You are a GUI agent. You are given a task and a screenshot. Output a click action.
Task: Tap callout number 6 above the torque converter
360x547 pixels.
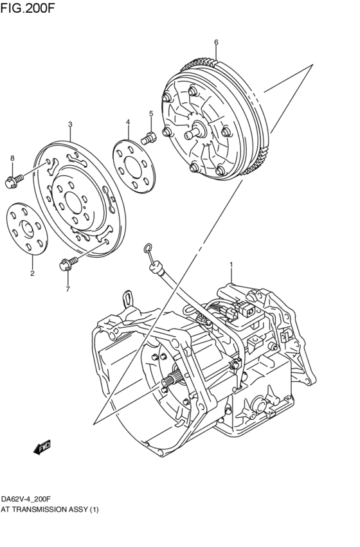216,42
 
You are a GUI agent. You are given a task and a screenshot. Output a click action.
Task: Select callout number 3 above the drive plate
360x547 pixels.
69,125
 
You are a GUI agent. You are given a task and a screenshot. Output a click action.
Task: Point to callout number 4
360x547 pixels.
128,122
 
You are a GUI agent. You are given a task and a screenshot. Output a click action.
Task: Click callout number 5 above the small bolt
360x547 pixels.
151,114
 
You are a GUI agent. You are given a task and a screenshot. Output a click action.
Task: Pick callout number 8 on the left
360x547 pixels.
11,158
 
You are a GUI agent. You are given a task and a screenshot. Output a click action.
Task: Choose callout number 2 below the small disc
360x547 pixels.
32,273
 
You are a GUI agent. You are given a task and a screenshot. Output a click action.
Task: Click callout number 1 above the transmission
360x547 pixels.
231,264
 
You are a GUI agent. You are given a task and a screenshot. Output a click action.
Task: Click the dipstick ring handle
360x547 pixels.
148,247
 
